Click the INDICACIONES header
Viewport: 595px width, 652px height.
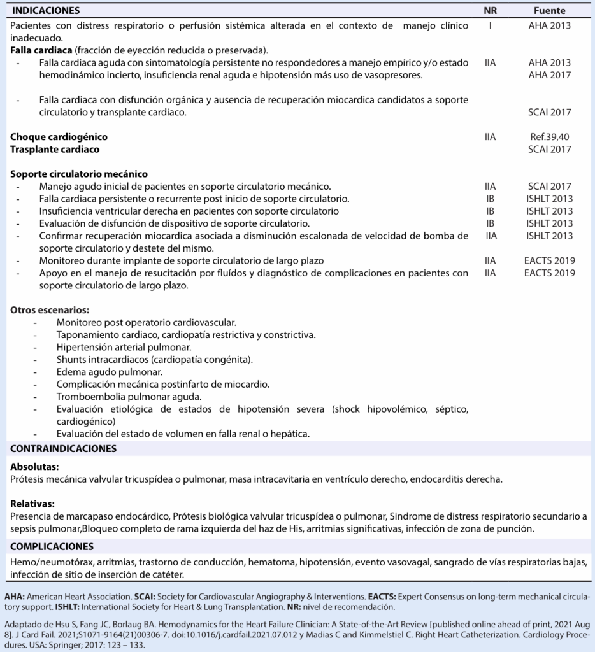click(x=47, y=11)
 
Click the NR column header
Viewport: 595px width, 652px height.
click(x=490, y=11)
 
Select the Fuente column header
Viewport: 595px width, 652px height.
click(x=549, y=11)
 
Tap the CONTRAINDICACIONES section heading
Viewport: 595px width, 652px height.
click(x=63, y=449)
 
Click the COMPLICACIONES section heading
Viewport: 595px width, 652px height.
click(x=52, y=546)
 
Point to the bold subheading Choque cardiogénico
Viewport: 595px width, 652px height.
click(x=59, y=137)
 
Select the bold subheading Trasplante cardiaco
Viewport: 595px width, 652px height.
click(x=55, y=149)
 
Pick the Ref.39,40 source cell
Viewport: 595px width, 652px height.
click(x=549, y=137)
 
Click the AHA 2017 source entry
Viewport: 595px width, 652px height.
click(x=549, y=75)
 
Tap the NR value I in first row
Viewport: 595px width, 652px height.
click(x=490, y=25)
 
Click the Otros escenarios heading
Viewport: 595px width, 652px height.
click(x=50, y=310)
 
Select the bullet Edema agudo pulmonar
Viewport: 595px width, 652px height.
click(x=109, y=372)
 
